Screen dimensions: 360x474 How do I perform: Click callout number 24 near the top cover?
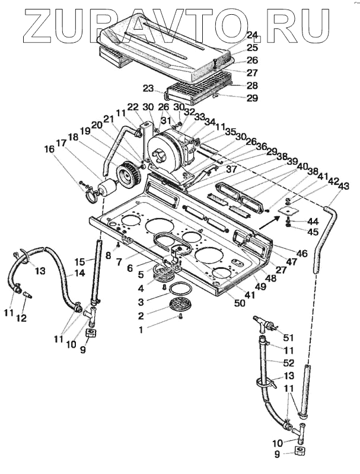click(251, 35)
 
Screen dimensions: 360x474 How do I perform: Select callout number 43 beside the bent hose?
click(343, 186)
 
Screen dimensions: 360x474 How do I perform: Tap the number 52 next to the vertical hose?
click(289, 363)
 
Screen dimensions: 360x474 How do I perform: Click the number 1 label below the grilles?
click(141, 329)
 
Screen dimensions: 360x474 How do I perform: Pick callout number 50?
click(239, 303)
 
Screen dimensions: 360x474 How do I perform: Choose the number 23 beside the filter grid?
click(149, 88)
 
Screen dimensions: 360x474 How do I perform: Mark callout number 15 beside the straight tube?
click(81, 261)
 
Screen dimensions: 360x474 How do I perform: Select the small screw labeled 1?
click(181, 317)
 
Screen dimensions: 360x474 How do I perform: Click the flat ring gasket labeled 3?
click(181, 289)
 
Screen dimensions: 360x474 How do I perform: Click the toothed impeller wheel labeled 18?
click(128, 174)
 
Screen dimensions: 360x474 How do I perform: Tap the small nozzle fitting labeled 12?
click(27, 295)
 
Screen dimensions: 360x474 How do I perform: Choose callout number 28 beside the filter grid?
click(252, 86)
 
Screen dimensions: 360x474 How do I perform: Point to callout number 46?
click(301, 254)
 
